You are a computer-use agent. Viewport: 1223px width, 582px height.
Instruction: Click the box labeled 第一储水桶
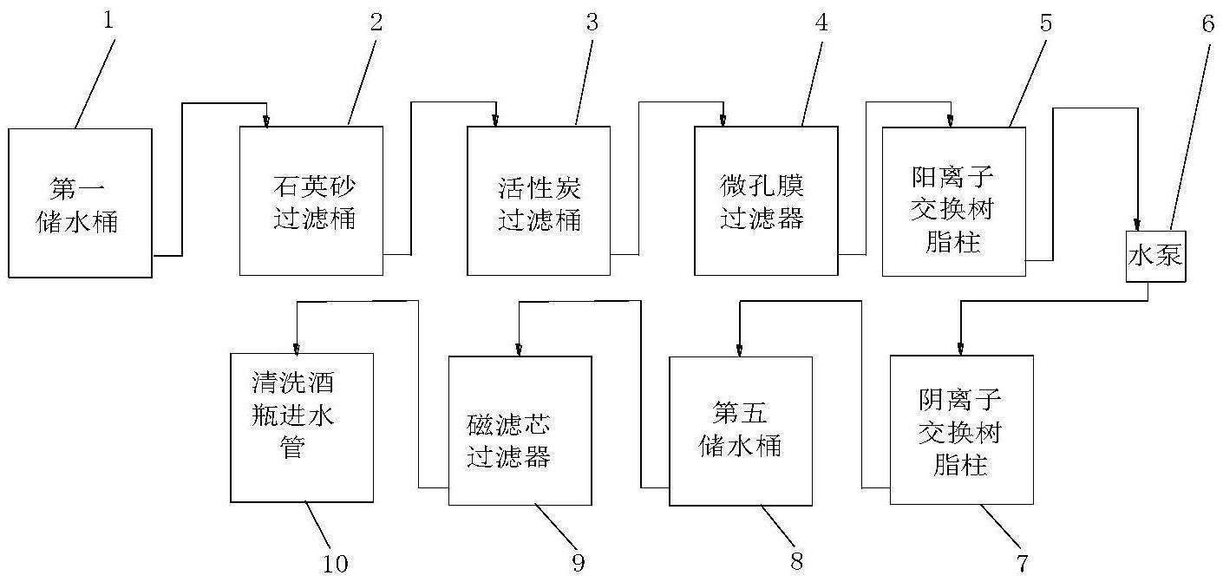[81, 203]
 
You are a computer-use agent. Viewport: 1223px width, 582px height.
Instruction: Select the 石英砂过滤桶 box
[311, 201]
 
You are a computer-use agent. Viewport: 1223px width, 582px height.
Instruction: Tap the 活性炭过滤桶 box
[539, 201]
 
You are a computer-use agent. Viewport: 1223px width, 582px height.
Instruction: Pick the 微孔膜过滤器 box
[766, 201]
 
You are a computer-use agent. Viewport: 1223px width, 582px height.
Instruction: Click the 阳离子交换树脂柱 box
[954, 201]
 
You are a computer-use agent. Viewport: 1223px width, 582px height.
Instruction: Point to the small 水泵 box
[1156, 256]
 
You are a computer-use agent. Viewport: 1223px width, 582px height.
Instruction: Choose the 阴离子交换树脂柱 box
[961, 430]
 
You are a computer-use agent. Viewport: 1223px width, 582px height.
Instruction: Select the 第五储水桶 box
[741, 431]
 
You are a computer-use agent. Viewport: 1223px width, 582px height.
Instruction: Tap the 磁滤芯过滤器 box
[520, 431]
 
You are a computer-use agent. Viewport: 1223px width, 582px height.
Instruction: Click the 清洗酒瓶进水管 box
[302, 428]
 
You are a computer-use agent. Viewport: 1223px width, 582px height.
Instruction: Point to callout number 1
[108, 20]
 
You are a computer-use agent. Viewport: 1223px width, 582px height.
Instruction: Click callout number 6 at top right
[1207, 23]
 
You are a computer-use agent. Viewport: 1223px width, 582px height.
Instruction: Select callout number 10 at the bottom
[335, 564]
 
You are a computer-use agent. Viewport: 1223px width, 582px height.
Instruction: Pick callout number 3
[592, 22]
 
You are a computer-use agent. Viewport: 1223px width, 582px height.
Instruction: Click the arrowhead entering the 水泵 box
[1137, 225]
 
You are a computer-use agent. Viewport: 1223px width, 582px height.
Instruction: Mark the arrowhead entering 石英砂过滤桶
[266, 121]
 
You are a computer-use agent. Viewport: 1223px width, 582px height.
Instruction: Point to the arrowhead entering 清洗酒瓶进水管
[296, 349]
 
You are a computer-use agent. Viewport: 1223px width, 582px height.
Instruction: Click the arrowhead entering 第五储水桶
[739, 350]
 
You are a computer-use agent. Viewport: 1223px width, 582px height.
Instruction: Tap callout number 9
[579, 563]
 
